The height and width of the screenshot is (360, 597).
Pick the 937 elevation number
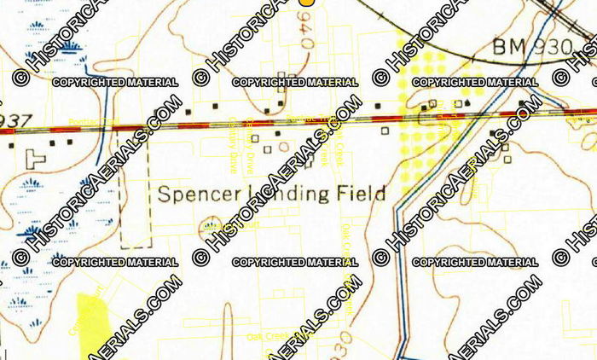[12, 119]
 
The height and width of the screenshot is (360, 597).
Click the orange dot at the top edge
[306, 3]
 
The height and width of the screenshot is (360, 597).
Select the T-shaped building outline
[36, 159]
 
